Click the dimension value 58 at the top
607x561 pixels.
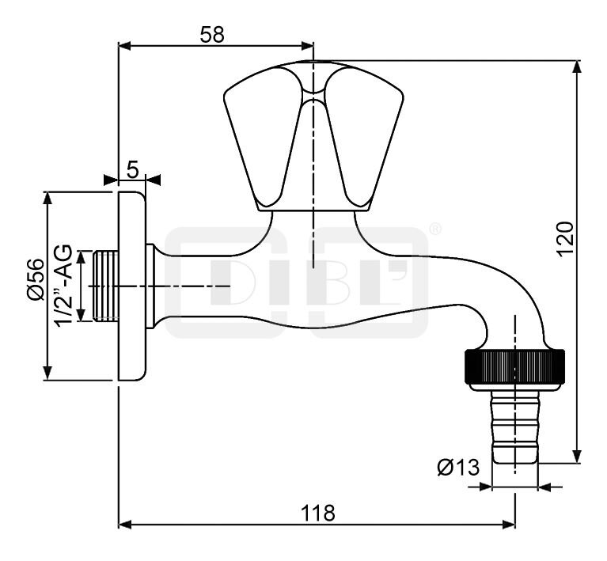[212, 35]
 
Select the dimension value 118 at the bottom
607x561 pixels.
[317, 513]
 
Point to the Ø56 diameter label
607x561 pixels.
[36, 279]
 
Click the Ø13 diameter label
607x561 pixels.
[458, 468]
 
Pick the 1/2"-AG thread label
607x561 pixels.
[64, 286]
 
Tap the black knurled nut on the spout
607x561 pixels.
[514, 366]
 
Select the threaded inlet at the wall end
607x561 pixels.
[106, 286]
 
